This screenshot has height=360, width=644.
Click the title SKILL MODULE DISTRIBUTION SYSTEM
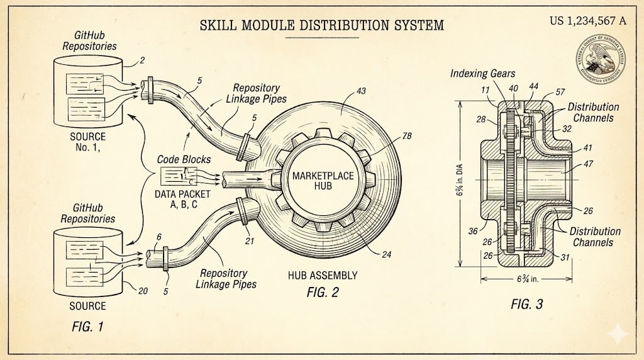click(x=321, y=26)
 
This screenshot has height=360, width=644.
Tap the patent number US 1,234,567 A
click(x=587, y=21)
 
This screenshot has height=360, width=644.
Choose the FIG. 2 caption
click(x=322, y=292)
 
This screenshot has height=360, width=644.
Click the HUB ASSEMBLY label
click(x=323, y=275)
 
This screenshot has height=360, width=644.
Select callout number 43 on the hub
click(x=360, y=91)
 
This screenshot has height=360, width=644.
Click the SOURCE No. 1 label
click(x=87, y=143)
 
